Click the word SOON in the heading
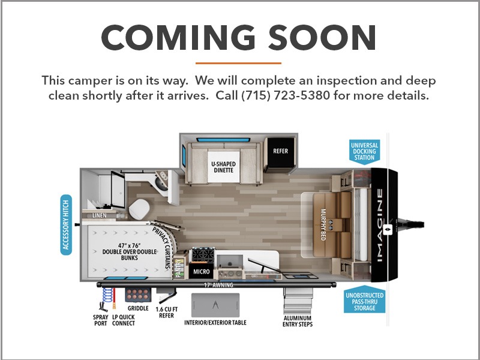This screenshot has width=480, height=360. tap(322, 37)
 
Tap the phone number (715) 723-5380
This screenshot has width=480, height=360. tap(286, 95)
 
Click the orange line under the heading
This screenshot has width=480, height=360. tap(238, 64)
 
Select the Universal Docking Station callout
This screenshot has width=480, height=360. tap(364, 152)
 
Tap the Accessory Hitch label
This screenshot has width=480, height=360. tap(66, 224)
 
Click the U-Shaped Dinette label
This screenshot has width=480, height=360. tap(223, 167)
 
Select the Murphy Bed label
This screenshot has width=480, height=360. tap(323, 224)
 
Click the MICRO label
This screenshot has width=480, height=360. tap(201, 272)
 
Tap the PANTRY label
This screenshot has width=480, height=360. tap(178, 268)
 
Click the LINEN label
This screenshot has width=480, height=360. tap(100, 215)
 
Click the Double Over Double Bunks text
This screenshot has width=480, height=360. tap(129, 251)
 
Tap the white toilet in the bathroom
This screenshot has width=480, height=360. tap(139, 209)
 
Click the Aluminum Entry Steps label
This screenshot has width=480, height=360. tap(297, 321)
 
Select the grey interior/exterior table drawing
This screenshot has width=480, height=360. tap(215, 305)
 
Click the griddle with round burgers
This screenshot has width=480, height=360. tap(138, 295)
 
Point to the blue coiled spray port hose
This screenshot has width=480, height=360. tap(107, 295)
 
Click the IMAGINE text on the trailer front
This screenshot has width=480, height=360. tap(380, 226)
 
